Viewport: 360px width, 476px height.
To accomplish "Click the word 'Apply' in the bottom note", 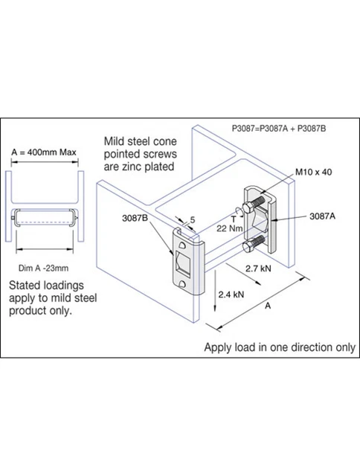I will click(x=219, y=347).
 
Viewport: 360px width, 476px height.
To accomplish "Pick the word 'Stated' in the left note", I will click(x=25, y=285).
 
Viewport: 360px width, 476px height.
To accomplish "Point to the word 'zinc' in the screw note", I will click(x=140, y=167).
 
